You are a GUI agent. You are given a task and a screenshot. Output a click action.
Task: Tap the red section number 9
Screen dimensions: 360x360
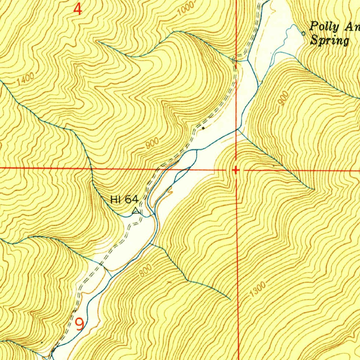click(80, 324)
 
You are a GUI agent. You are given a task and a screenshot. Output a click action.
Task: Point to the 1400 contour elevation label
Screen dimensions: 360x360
click(25, 79)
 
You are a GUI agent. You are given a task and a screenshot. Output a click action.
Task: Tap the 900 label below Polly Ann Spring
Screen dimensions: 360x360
click(284, 98)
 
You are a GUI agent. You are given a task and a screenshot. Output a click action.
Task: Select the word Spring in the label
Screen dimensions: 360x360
click(329, 40)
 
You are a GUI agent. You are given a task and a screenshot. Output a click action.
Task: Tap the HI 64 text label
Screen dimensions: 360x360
click(124, 200)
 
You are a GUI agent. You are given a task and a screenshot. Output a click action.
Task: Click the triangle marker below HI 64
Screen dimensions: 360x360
click(136, 211)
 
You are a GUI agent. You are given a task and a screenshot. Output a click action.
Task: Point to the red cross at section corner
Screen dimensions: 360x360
click(236, 170)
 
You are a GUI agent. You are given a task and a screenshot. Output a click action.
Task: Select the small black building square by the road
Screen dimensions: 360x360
click(203, 128)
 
